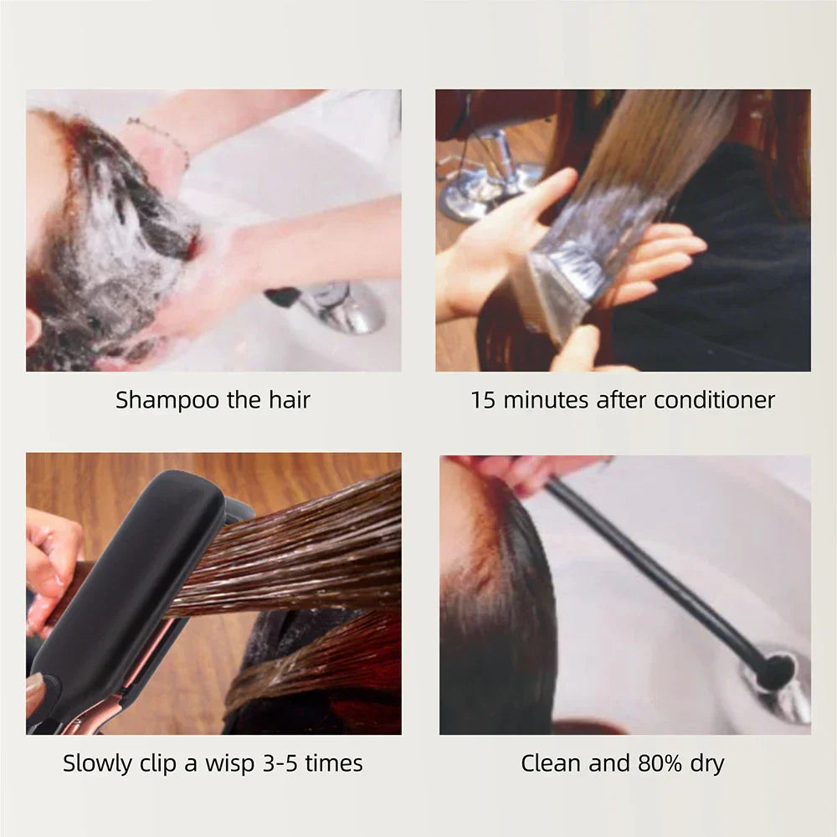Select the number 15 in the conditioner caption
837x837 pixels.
click(x=482, y=400)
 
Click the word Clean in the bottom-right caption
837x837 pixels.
click(x=551, y=763)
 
